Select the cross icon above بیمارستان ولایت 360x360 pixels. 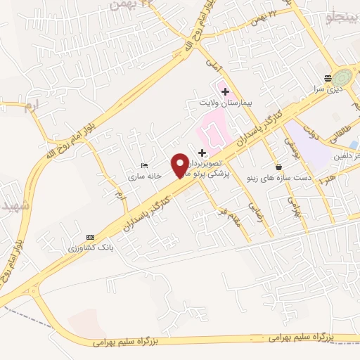click(x=225, y=91)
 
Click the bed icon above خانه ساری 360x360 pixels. click(x=144, y=165)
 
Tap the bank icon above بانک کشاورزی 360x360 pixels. click(x=89, y=237)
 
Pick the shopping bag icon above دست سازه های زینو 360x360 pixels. click(x=280, y=167)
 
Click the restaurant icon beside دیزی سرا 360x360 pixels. click(x=328, y=78)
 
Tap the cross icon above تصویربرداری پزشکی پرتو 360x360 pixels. click(x=202, y=153)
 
